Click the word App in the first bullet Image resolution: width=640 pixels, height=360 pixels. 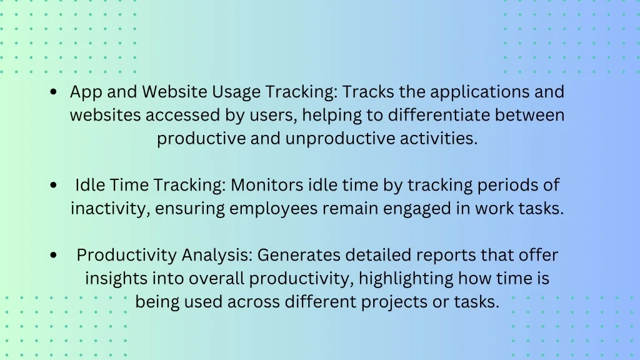86,92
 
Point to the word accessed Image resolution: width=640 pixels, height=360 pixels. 183,115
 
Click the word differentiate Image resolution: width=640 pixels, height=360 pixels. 439,115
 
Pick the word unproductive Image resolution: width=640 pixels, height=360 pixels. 340,139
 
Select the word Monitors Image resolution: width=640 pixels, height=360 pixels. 267,185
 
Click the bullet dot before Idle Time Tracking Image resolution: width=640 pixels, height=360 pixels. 54,185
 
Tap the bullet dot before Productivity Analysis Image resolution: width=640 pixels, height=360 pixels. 54,256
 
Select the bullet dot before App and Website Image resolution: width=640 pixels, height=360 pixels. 54,92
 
